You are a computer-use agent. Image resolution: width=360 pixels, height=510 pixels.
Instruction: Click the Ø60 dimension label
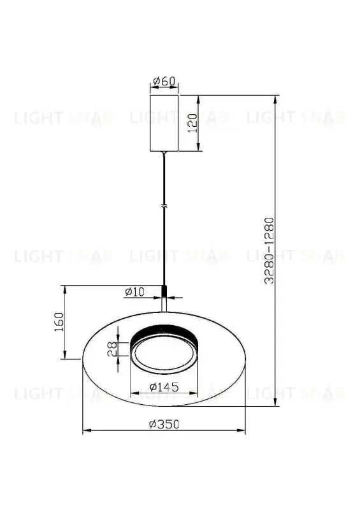coord(164,82)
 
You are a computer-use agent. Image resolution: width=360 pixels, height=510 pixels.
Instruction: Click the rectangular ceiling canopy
coord(164,124)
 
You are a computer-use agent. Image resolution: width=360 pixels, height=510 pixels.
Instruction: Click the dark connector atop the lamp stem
coord(165,291)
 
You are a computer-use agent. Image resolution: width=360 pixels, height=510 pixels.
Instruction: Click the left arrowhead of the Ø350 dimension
coord(86,432)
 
